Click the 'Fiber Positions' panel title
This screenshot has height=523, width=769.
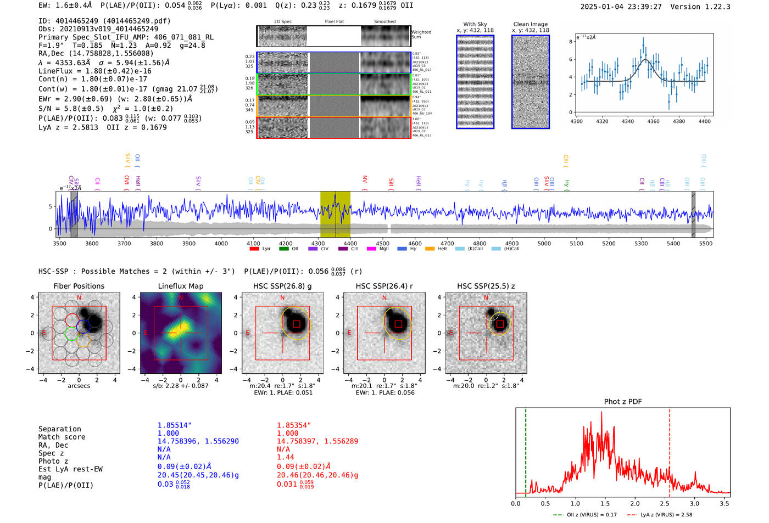pyautogui.click(x=79, y=286)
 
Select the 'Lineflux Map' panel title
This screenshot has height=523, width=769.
pyautogui.click(x=181, y=286)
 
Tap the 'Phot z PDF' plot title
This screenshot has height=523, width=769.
pyautogui.click(x=623, y=401)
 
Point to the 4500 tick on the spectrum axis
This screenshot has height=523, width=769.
pyautogui.click(x=383, y=243)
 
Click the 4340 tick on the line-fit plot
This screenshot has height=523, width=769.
pyautogui.click(x=628, y=121)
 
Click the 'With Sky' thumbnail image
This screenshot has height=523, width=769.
pyautogui.click(x=475, y=82)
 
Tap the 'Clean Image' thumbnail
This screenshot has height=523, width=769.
pyautogui.click(x=531, y=82)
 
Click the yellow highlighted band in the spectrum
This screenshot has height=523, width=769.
pyautogui.click(x=335, y=214)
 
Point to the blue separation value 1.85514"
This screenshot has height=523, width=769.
pyautogui.click(x=175, y=425)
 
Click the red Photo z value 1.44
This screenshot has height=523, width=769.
pyautogui.click(x=286, y=457)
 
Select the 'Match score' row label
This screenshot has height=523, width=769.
pyautogui.click(x=62, y=437)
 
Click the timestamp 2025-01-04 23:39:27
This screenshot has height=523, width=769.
pyautogui.click(x=621, y=7)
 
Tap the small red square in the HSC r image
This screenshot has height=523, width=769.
pyautogui.click(x=398, y=324)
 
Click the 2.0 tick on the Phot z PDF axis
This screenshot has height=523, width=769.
pyautogui.click(x=635, y=503)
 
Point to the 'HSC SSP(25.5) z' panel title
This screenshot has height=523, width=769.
pyautogui.click(x=486, y=286)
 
